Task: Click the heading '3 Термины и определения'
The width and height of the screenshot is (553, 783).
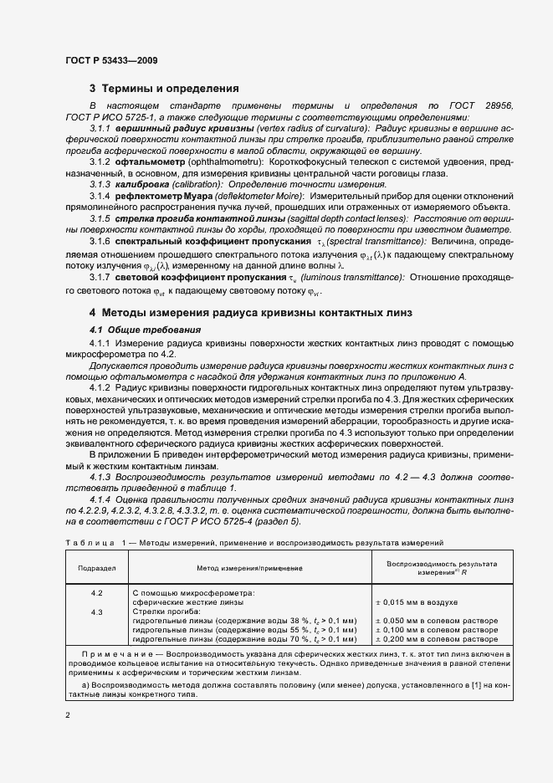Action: click(x=164, y=88)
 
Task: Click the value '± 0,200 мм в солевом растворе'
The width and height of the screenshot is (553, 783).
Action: click(x=436, y=639)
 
